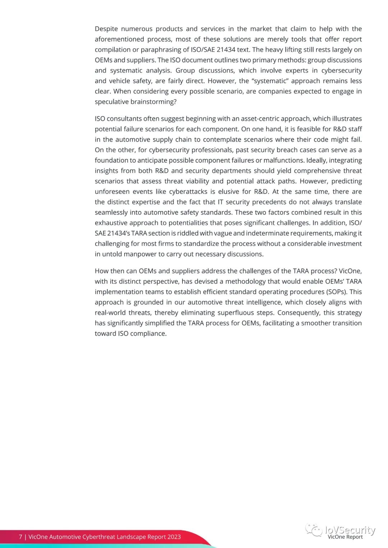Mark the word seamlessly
111,212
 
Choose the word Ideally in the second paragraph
316,160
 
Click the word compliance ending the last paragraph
149,333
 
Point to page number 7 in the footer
20,537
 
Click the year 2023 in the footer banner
174,537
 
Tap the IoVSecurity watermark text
350,530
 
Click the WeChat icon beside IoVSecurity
314,530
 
